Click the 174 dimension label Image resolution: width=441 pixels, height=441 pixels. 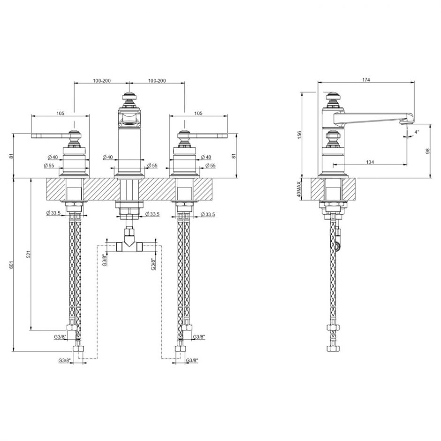click(x=365, y=80)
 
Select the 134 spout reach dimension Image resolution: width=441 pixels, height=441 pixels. click(x=370, y=162)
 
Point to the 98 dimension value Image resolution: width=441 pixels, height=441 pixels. click(x=428, y=151)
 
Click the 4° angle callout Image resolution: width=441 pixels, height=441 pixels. click(x=417, y=132)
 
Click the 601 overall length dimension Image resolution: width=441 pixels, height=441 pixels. click(x=12, y=264)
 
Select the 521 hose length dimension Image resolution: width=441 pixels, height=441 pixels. click(x=29, y=254)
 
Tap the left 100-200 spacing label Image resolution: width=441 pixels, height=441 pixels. click(x=102, y=81)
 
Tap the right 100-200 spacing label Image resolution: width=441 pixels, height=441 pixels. click(x=157, y=81)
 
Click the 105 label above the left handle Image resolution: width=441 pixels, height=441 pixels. click(x=61, y=114)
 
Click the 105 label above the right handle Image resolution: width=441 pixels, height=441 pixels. click(x=198, y=114)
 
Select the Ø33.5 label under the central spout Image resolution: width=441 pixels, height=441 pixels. click(x=152, y=214)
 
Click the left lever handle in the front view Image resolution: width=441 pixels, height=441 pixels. click(x=50, y=136)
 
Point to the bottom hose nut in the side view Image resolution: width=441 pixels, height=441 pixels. click(x=333, y=349)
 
